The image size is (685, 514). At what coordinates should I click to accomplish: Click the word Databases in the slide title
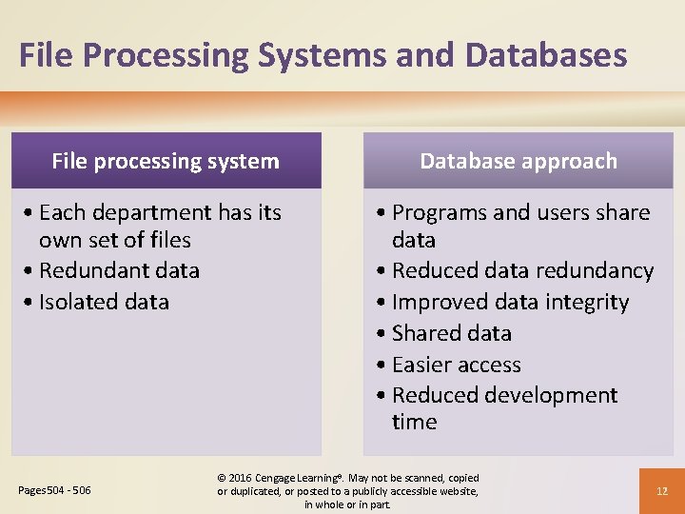(545, 55)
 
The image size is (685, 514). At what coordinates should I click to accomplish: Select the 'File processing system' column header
(166, 161)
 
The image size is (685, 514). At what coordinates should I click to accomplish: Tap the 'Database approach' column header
(519, 161)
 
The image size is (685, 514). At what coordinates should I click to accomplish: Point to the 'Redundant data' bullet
(119, 270)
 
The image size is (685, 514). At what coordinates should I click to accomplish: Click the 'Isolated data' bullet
(104, 302)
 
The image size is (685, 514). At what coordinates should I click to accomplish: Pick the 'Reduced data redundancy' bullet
(522, 270)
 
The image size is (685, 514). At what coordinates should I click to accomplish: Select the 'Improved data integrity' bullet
(510, 302)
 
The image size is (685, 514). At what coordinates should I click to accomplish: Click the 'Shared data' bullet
(451, 333)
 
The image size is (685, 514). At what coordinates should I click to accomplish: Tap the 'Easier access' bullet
(456, 365)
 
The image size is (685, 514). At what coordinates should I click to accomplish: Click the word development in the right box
(552, 395)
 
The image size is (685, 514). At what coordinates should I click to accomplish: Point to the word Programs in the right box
(439, 212)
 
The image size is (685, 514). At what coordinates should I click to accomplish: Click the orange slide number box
(662, 491)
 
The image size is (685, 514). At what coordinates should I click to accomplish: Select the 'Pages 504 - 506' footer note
(55, 490)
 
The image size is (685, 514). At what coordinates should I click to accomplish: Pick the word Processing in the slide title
(170, 55)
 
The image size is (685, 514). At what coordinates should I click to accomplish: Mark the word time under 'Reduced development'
(414, 422)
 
